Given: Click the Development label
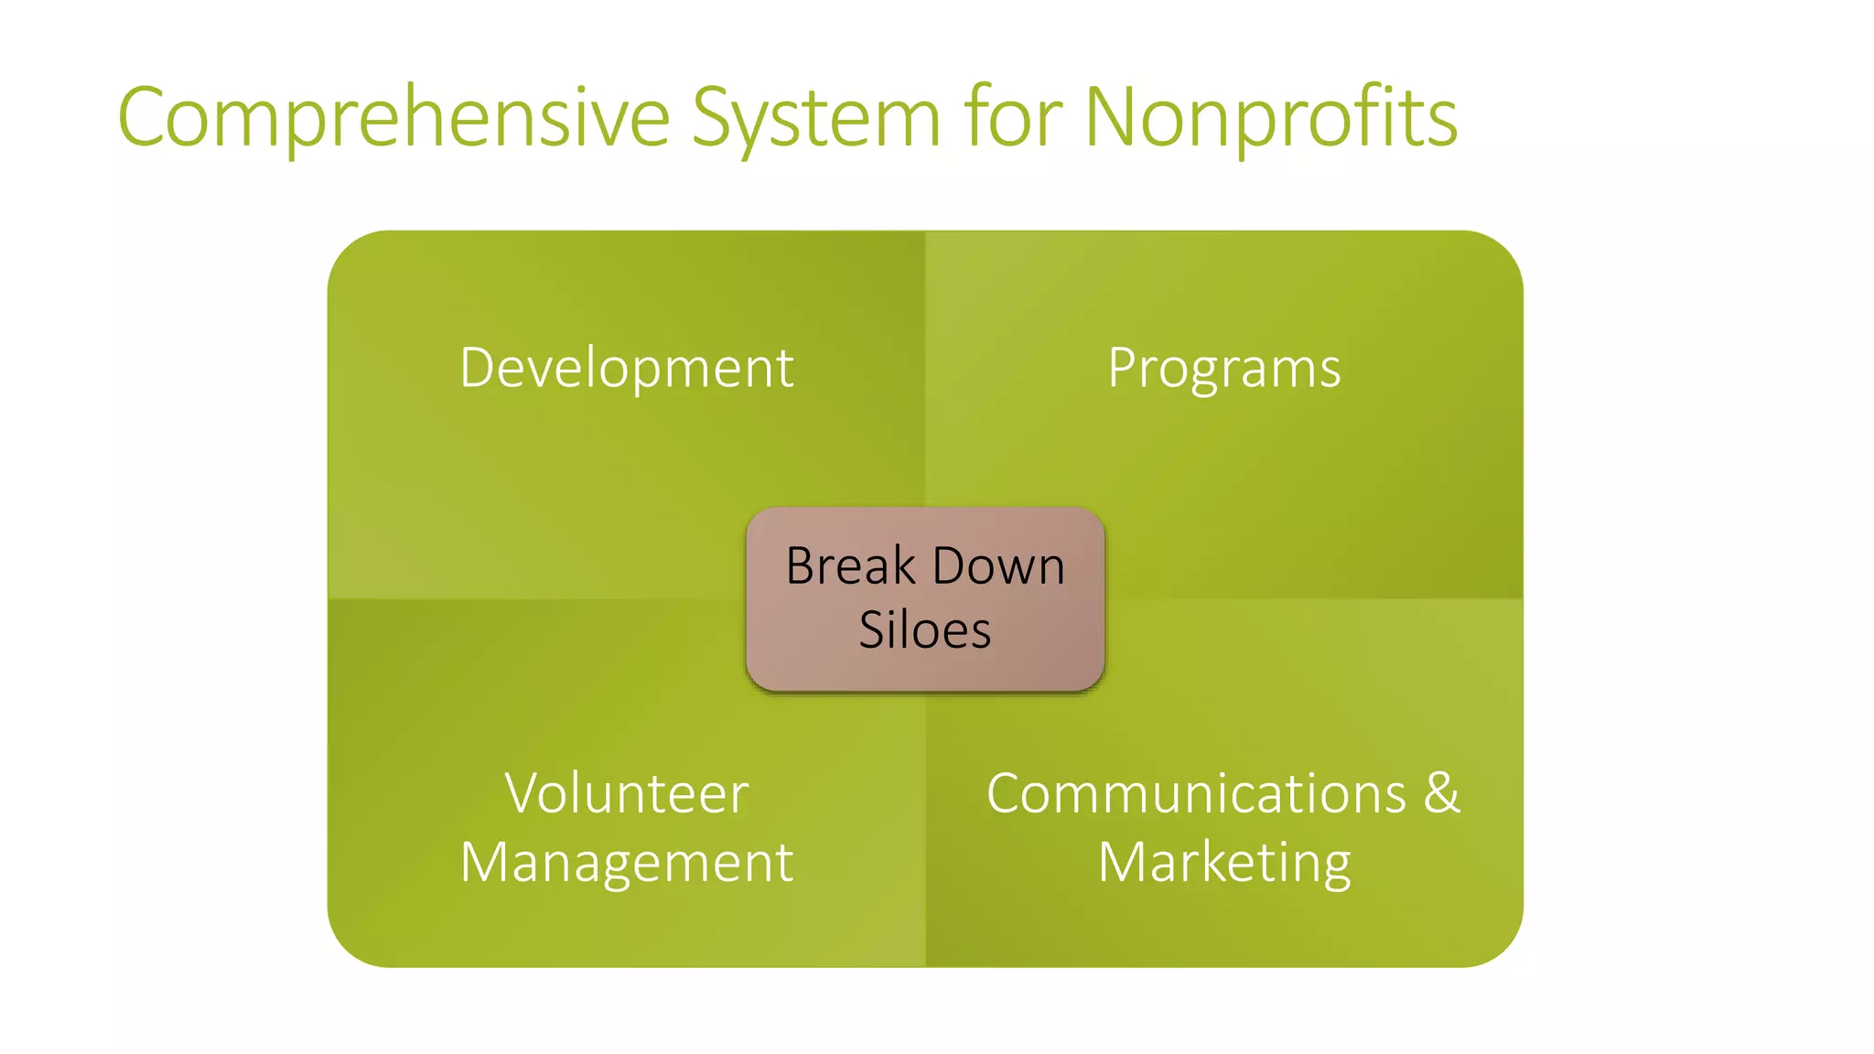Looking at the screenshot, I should click(627, 368).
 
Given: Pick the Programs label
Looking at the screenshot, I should click(1223, 368).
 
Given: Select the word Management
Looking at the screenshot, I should click(627, 862).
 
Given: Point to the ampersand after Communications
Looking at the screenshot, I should click(1442, 792).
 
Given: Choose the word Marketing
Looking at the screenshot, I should click(1223, 862).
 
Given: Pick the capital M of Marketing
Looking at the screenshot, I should click(1122, 862).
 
